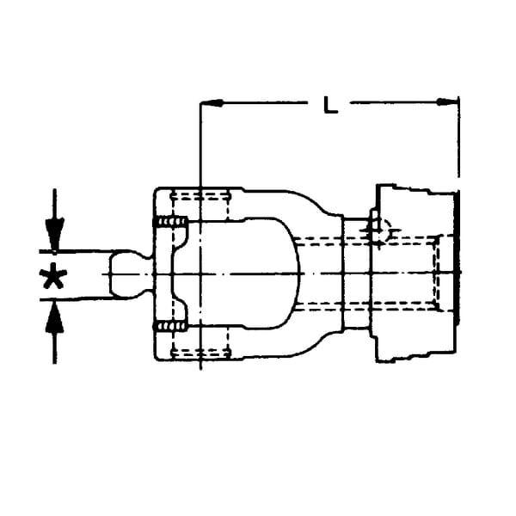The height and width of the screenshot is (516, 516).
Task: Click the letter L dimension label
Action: click(x=330, y=105)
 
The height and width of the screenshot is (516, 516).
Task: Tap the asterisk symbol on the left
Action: click(x=53, y=276)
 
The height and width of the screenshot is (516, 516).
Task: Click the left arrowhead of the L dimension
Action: click(x=212, y=103)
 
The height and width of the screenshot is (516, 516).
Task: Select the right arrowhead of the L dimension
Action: click(x=447, y=101)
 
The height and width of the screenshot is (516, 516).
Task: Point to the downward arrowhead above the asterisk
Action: click(x=55, y=234)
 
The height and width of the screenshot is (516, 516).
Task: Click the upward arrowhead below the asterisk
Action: click(x=55, y=318)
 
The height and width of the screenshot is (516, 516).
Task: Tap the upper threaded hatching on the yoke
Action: click(x=170, y=222)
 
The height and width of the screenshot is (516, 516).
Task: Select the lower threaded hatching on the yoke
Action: click(x=170, y=327)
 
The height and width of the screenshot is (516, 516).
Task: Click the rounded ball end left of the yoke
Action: click(x=131, y=274)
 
